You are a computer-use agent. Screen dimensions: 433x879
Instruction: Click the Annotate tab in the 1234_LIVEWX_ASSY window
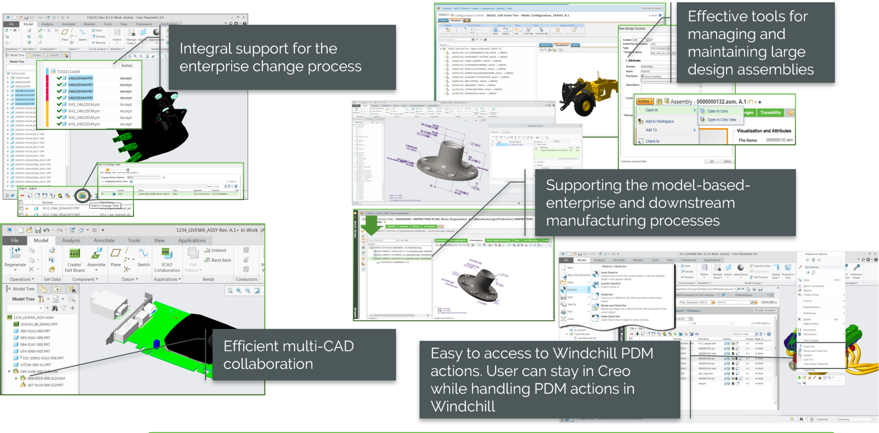[x=104, y=241]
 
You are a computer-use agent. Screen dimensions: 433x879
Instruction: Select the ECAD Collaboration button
[x=167, y=260]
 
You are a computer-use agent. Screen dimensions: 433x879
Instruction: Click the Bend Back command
[x=218, y=260]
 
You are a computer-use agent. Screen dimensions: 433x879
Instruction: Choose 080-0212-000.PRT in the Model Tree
[x=35, y=331]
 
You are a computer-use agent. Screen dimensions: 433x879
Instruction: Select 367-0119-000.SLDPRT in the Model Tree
[x=45, y=385]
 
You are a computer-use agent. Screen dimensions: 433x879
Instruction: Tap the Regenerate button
[x=15, y=258]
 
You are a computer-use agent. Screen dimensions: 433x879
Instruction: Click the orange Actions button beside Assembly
[x=645, y=101]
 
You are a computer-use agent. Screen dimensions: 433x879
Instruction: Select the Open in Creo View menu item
[x=721, y=120]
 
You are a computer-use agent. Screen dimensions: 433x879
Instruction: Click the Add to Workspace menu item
[x=659, y=122]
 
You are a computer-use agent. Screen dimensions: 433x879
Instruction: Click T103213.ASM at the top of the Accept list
[x=68, y=72]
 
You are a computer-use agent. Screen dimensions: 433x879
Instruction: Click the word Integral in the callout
[x=203, y=49]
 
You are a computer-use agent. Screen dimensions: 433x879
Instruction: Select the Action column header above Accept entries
[x=127, y=66]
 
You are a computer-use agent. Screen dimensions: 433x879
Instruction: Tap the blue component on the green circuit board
[x=156, y=343]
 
